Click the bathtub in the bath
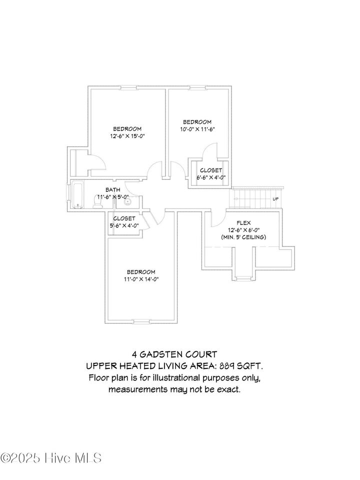click(77, 196)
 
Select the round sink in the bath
click(127, 202)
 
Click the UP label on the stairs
click(275, 199)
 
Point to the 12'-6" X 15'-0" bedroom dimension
click(127, 136)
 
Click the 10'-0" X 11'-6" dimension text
click(197, 129)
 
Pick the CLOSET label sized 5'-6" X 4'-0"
click(124, 218)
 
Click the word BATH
click(112, 189)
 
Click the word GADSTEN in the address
click(165, 354)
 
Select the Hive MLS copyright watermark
click(51, 457)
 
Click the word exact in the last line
click(229, 389)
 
